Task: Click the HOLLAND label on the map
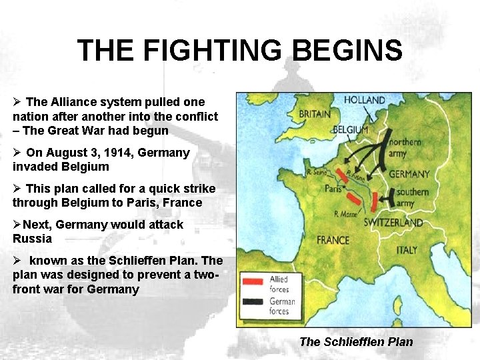[x=365, y=100]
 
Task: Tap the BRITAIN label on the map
[x=314, y=114]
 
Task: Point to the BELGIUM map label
[x=350, y=129]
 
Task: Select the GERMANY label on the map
[x=409, y=174]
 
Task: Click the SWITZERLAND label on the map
[x=393, y=223]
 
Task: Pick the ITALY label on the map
[x=407, y=250]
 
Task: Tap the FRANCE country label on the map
[x=333, y=239]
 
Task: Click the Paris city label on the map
[x=333, y=189]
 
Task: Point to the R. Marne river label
[x=347, y=214]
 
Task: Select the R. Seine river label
[x=318, y=171]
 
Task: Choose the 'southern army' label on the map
[x=413, y=197]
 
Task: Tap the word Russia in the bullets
[x=32, y=238]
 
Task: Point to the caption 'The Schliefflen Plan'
[x=356, y=342]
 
